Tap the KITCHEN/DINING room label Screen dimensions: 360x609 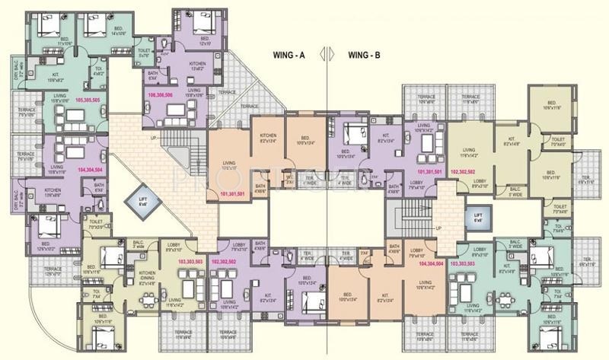(x=148, y=279)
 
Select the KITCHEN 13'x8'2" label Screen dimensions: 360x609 (x=197, y=66)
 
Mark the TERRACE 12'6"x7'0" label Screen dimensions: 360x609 (x=53, y=271)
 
